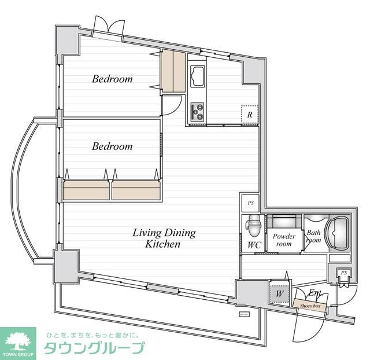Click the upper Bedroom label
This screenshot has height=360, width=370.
[112, 79]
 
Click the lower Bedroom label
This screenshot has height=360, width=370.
[112, 146]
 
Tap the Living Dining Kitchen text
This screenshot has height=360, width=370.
[164, 238]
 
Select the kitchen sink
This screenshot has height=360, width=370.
[197, 75]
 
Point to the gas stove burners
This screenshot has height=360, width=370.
[198, 111]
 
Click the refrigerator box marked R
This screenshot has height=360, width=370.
[249, 114]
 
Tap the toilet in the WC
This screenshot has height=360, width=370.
[253, 225]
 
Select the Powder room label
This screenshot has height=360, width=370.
[284, 240]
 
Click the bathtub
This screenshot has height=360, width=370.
[336, 232]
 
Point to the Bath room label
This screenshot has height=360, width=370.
[313, 237]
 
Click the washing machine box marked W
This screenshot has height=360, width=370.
[279, 293]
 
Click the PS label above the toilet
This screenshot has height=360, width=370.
[250, 203]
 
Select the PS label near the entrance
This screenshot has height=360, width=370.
[343, 273]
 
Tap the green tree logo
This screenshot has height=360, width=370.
[20, 340]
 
